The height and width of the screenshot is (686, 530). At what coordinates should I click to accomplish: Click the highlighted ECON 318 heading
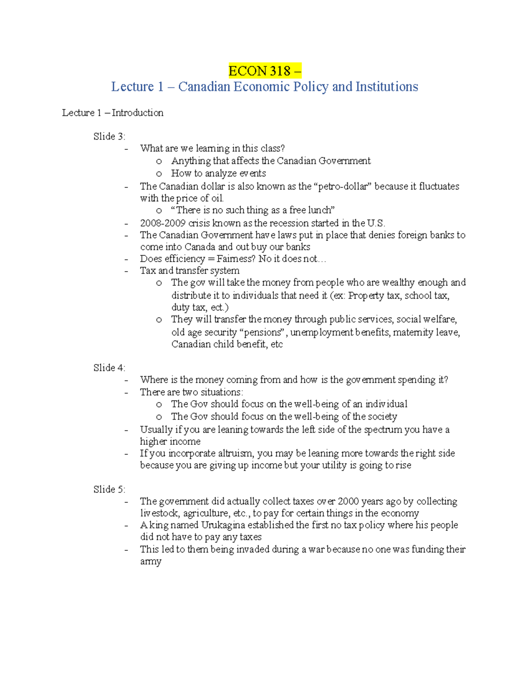[x=265, y=71]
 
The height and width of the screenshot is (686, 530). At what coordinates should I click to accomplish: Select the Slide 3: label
[x=109, y=136]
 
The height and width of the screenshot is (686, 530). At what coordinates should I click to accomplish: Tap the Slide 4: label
[x=109, y=368]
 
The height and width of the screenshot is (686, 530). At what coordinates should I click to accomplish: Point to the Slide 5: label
[x=109, y=489]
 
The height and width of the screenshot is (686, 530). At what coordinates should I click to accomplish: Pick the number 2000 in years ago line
[x=348, y=501]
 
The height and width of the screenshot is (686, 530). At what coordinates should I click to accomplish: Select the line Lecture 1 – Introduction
[x=113, y=113]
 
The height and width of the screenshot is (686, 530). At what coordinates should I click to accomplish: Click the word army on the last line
[x=151, y=561]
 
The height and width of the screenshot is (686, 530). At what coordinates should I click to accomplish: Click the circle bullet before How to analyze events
[x=159, y=174]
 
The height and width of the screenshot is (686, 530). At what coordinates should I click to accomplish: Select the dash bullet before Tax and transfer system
[x=127, y=271]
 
